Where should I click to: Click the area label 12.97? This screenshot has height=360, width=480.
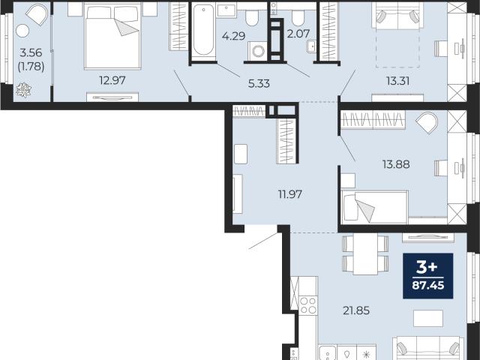[112, 80]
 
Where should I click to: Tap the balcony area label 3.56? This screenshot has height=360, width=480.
[31, 52]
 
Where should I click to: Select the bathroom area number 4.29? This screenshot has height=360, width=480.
[233, 36]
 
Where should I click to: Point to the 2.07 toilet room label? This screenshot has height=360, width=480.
[298, 33]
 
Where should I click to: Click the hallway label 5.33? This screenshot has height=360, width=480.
[259, 83]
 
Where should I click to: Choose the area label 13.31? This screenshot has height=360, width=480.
[397, 81]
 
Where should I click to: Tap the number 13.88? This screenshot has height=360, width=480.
[396, 164]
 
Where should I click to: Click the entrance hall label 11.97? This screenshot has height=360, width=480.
[290, 194]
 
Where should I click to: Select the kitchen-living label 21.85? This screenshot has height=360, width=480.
[356, 310]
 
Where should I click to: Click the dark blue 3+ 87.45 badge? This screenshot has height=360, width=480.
[428, 276]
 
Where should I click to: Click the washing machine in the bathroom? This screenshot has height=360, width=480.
[258, 51]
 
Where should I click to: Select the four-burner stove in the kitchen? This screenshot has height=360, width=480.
[308, 305]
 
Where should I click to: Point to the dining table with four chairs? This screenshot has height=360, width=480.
[365, 255]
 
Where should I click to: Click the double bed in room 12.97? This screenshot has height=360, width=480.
[112, 37]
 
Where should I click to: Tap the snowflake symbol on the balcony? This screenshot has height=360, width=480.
[23, 90]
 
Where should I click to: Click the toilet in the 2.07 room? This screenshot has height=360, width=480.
[298, 18]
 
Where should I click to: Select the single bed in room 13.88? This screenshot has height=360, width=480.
[374, 207]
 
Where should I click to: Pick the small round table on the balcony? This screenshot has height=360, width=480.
[22, 31]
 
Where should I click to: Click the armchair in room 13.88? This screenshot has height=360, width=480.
[427, 123]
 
